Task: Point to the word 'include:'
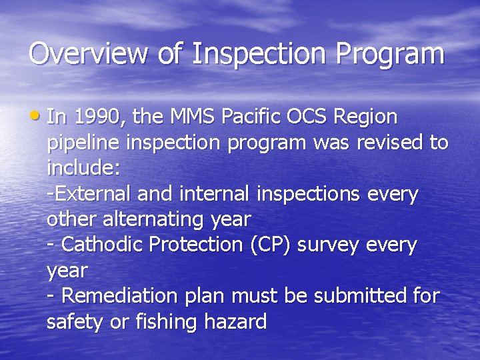click(x=83, y=168)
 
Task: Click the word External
click(x=93, y=194)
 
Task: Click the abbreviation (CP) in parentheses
click(x=271, y=245)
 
